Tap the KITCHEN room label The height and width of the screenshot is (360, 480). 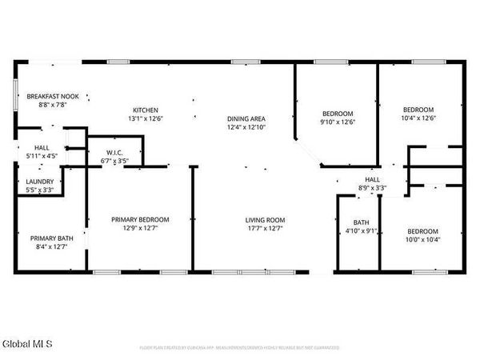tap(146, 110)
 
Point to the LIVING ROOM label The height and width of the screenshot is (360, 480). tap(265, 219)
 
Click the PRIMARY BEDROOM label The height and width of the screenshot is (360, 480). tap(140, 219)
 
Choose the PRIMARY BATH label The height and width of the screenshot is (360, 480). tap(51, 238)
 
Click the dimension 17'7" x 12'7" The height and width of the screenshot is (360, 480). tap(265, 229)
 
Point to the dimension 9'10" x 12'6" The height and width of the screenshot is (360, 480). tap(337, 122)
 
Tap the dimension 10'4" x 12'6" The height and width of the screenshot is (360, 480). tap(418, 119)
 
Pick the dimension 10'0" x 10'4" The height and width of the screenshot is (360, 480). tap(422, 240)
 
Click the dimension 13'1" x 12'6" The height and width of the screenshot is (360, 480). tap(146, 119)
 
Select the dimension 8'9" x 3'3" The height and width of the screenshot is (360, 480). tap(373, 188)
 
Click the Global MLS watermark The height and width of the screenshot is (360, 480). tap(27, 345)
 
